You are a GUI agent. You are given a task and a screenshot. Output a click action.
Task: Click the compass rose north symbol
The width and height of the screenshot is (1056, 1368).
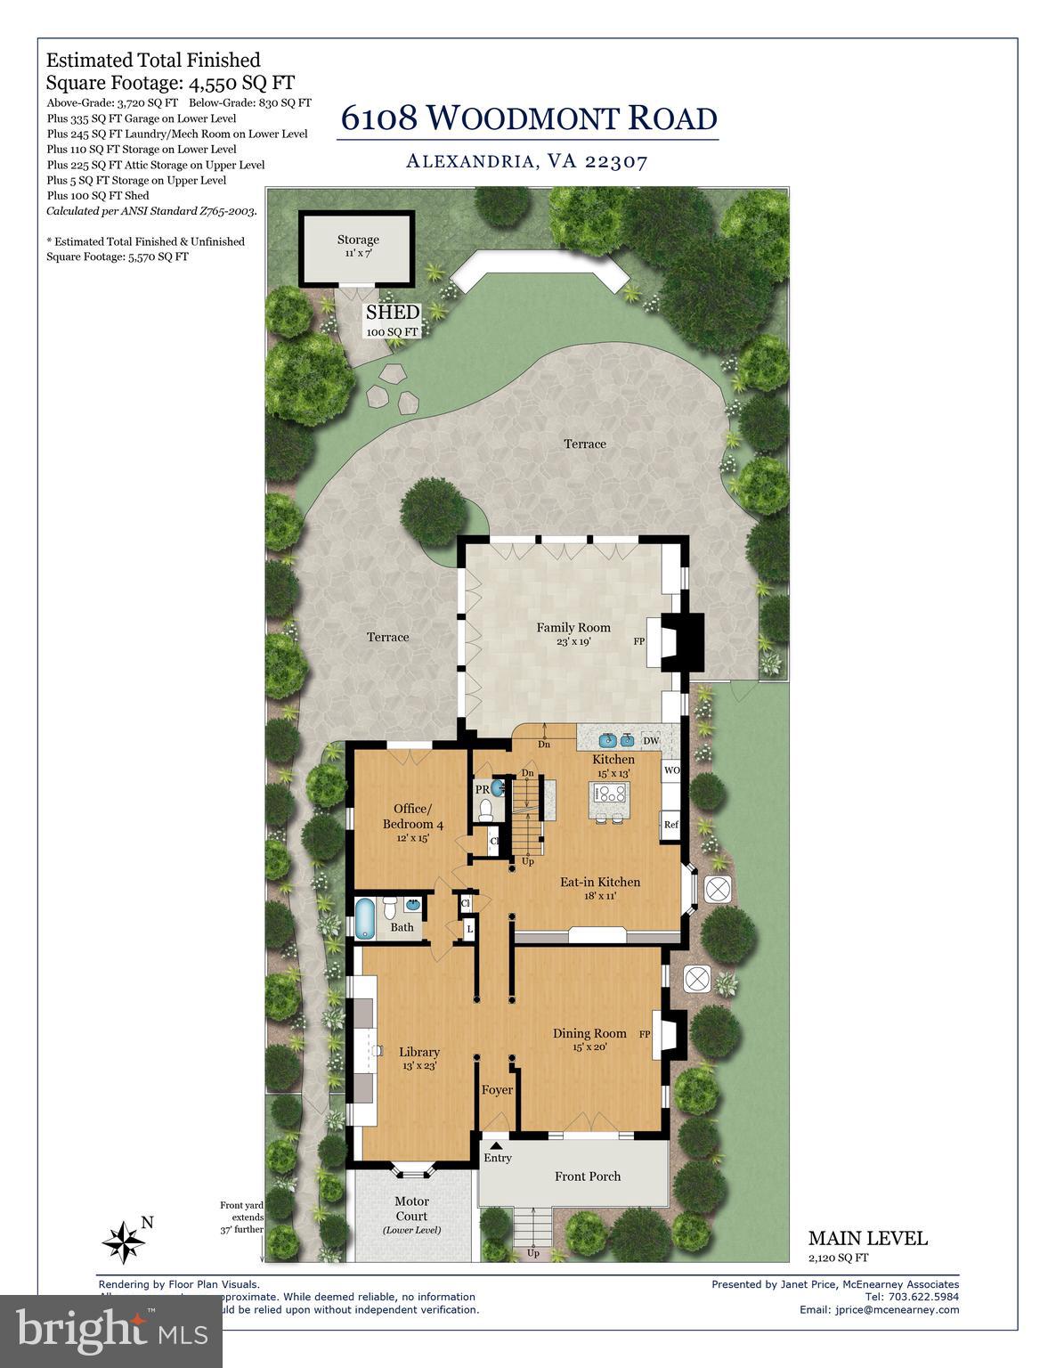(x=124, y=1239)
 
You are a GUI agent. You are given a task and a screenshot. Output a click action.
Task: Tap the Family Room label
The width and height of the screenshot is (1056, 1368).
(x=573, y=628)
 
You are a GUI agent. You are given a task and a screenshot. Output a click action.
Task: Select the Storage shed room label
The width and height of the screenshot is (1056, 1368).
(x=358, y=240)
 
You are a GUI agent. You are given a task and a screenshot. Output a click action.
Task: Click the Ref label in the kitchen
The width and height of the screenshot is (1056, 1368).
(x=670, y=825)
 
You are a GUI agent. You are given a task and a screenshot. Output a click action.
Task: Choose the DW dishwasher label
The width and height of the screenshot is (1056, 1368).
(x=651, y=741)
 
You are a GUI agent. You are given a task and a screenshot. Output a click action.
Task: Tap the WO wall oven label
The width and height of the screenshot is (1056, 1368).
(x=671, y=769)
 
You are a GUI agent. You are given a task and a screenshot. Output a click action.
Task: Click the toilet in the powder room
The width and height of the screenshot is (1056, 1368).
(x=486, y=810)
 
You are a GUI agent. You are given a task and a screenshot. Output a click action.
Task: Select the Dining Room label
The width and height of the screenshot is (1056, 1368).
(x=589, y=1034)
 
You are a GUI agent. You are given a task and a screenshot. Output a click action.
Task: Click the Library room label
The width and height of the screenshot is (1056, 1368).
(x=419, y=1053)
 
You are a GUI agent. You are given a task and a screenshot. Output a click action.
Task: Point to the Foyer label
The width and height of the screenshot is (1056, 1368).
(x=498, y=1090)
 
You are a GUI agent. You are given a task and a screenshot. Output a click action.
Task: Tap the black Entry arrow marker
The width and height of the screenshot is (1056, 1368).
(x=495, y=1145)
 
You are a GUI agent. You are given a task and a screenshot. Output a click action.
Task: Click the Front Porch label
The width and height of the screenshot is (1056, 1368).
(x=588, y=1177)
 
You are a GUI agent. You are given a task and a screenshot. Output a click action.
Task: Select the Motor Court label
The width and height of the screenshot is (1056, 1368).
(x=411, y=1209)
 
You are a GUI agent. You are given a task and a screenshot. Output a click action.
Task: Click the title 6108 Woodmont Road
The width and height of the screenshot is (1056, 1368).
(x=529, y=118)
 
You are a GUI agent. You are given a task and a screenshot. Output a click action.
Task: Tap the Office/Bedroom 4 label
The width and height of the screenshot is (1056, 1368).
(x=407, y=817)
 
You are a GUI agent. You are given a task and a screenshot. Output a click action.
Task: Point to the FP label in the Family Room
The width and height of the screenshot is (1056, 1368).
(x=638, y=641)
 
